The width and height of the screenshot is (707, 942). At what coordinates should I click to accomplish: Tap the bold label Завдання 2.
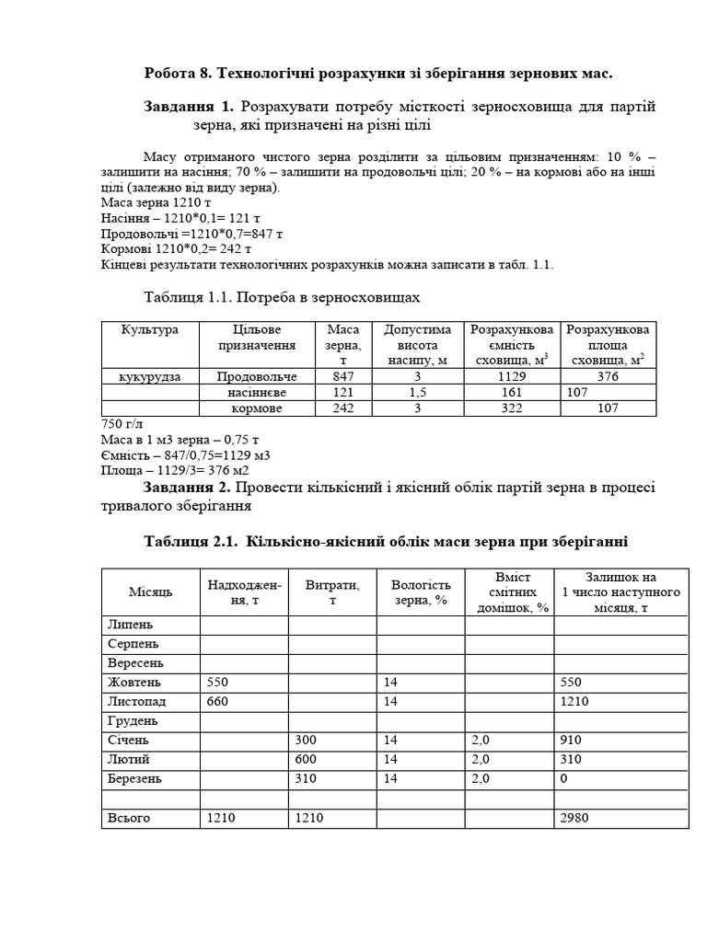tap(190, 486)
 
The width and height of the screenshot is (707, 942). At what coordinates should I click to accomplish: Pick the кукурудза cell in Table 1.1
tap(150, 376)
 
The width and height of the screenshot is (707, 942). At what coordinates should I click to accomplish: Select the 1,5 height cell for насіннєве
tap(417, 392)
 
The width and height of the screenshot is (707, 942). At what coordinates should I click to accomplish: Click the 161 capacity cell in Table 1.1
tap(511, 392)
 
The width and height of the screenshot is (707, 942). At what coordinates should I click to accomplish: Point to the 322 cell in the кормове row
tap(511, 408)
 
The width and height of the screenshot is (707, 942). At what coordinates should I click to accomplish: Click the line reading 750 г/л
tap(122, 424)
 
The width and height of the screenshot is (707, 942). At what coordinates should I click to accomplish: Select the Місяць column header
tap(150, 592)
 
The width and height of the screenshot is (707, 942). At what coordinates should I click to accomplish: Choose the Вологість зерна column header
tap(421, 592)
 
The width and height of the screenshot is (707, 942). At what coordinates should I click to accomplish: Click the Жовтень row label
tap(134, 683)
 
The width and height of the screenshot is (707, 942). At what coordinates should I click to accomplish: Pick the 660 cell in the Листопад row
tap(217, 701)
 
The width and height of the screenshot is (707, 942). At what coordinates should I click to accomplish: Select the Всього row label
tap(129, 817)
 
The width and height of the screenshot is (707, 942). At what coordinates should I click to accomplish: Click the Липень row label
tap(131, 625)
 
